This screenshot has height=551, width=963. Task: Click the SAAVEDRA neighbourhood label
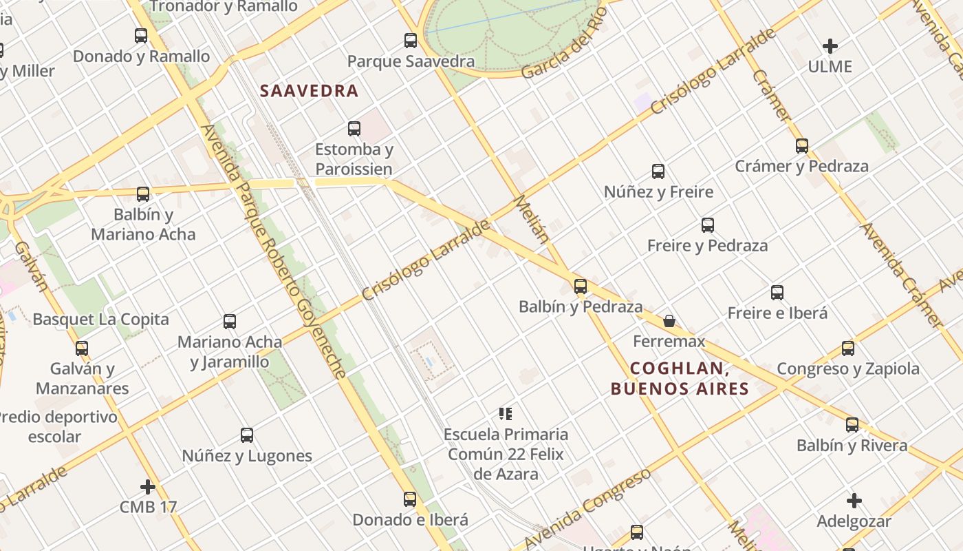coord(310,91)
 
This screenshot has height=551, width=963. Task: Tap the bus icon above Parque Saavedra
coord(411,40)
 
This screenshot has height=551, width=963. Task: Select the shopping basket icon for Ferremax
coord(669,321)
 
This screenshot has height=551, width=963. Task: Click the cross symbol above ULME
coord(830,46)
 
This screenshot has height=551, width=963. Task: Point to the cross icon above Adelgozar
coord(854,501)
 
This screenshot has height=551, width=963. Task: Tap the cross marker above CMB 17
coord(148,487)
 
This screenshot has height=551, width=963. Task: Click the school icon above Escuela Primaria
coord(506,414)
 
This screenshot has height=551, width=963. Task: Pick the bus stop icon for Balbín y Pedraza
coord(581,286)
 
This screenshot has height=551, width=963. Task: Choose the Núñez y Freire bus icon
coord(658,171)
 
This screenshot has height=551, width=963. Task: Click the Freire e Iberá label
coord(777,313)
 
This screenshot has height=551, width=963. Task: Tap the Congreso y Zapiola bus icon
coord(848,349)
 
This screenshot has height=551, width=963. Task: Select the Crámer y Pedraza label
coord(801,166)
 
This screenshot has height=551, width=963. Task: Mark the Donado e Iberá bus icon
coord(410,499)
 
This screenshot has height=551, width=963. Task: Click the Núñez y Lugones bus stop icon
coord(247,435)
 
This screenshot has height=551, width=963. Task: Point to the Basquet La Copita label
coord(100,320)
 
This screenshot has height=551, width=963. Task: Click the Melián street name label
coord(531,220)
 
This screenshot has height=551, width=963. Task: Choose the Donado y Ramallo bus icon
coord(141,36)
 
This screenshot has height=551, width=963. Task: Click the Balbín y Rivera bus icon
coord(852,425)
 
